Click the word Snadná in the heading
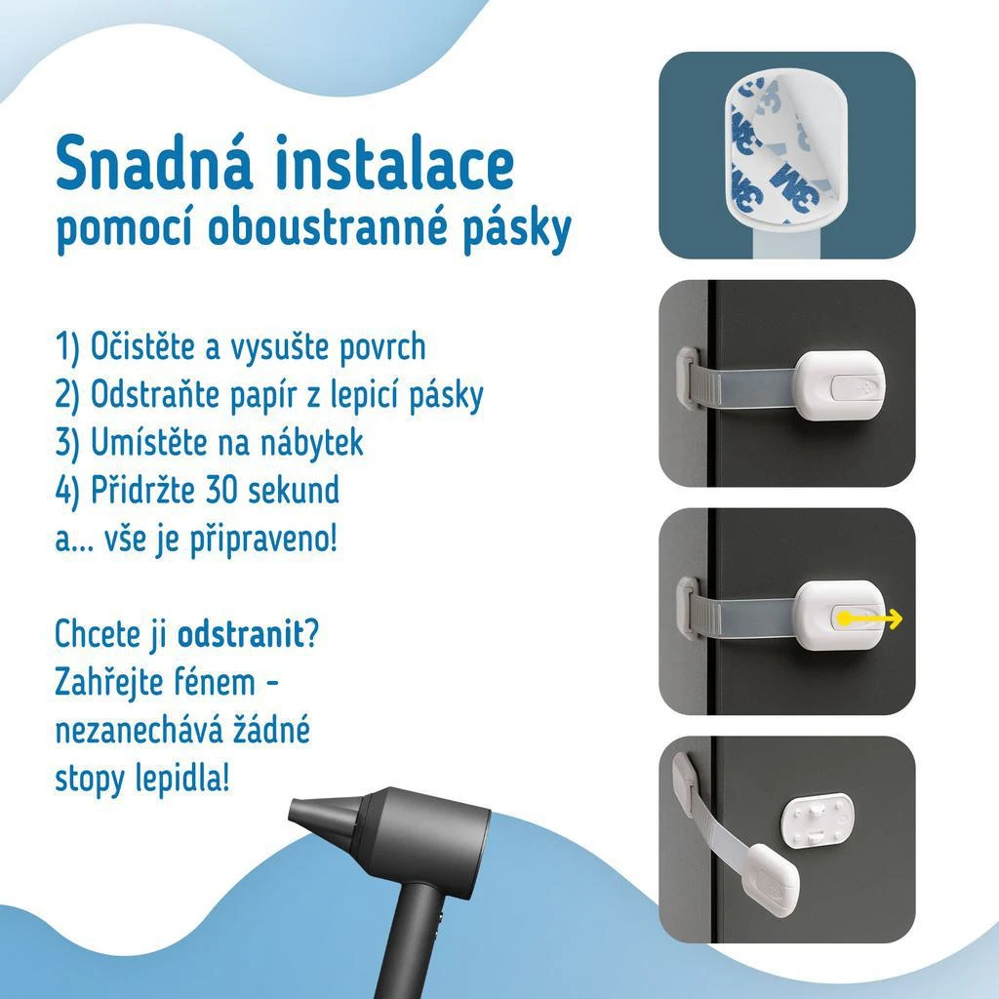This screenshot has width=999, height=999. tap(153, 162)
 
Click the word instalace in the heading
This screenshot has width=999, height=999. tap(395, 162)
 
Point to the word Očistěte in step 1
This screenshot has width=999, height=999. tap(142, 346)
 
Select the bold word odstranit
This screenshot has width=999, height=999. tap(241, 634)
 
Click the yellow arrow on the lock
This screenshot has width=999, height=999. tap(869, 619)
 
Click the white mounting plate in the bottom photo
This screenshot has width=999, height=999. tap(818, 820)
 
